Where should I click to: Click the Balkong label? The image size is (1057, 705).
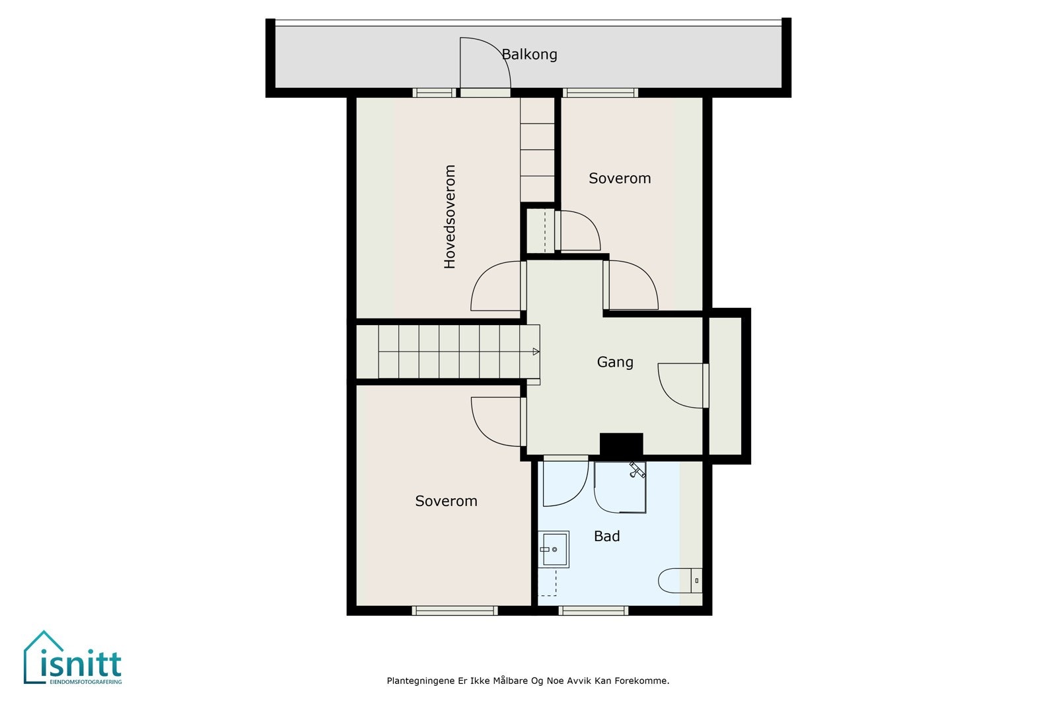click(x=529, y=55)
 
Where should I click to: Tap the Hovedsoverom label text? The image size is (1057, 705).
click(x=450, y=217)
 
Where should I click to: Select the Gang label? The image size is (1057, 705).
click(x=615, y=362)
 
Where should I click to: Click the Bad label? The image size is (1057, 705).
click(x=606, y=536)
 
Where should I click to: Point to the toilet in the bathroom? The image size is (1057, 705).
click(x=680, y=580)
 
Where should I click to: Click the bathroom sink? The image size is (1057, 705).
click(x=554, y=549)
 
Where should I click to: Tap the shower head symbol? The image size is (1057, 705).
click(x=637, y=470)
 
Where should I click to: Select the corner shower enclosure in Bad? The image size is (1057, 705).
click(x=620, y=487)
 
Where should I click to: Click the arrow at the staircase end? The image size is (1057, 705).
click(x=536, y=352)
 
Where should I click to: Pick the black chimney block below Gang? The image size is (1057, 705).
click(x=621, y=445)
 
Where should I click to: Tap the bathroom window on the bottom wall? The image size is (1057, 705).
click(x=593, y=611)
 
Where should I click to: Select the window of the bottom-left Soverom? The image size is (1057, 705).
click(x=455, y=611)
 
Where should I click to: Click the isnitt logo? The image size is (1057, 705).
click(x=73, y=657)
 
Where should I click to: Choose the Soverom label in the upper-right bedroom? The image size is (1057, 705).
click(x=620, y=178)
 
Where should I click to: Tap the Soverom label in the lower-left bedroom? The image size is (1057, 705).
click(x=446, y=501)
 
